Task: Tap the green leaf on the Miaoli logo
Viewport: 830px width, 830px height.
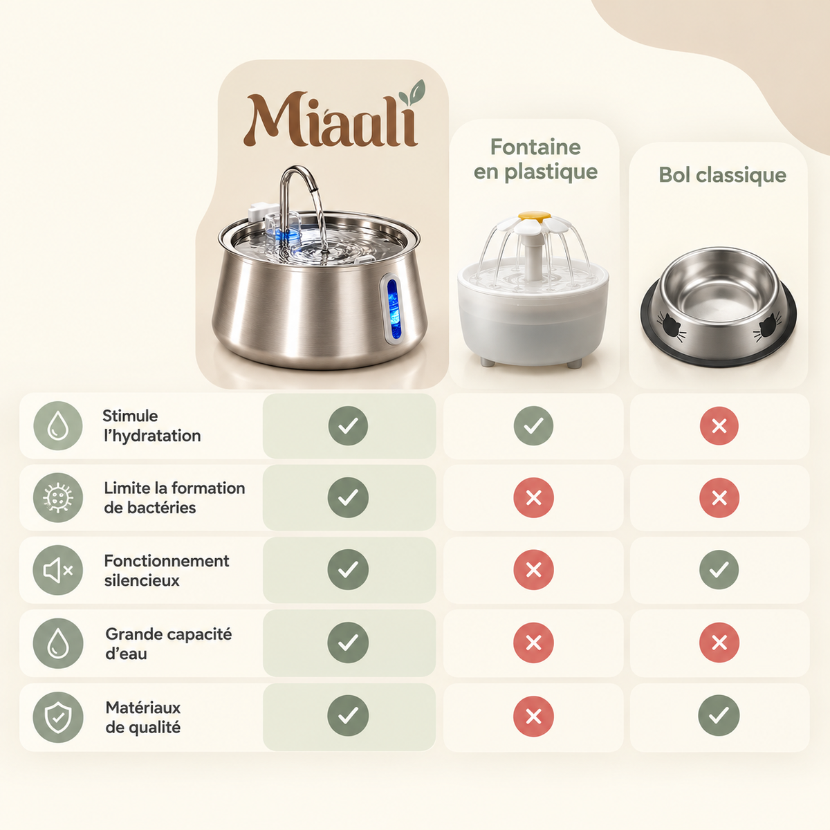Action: point(412,92)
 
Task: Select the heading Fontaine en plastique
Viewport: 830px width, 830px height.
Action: point(535,159)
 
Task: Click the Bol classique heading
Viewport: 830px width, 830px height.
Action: point(722,175)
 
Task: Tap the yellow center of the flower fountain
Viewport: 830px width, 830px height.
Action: point(534,215)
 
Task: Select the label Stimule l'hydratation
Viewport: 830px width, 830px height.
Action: point(151,425)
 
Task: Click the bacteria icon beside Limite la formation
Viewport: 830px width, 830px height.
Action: point(58,497)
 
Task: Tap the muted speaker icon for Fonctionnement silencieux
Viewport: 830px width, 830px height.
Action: point(57,570)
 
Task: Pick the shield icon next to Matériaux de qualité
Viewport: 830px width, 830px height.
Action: point(58,717)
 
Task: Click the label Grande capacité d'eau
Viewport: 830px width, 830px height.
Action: point(168,643)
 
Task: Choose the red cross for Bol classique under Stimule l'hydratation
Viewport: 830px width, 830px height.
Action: point(719,425)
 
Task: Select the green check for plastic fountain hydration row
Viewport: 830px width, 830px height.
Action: point(533,425)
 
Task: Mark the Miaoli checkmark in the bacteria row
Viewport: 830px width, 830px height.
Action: point(348,497)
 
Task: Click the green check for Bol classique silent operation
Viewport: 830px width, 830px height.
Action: point(719,569)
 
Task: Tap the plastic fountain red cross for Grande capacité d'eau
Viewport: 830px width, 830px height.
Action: point(533,643)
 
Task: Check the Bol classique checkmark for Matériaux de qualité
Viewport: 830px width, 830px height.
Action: point(719,715)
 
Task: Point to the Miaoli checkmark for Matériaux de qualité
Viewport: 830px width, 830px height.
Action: point(348,715)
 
